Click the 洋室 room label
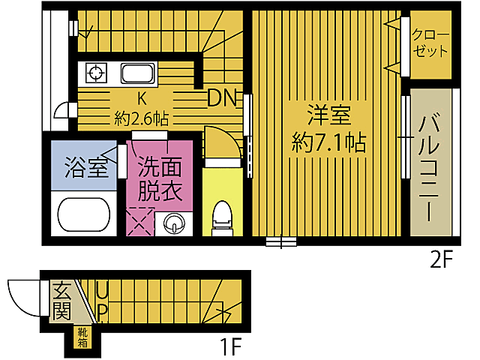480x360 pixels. (328, 117)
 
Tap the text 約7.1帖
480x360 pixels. (328, 143)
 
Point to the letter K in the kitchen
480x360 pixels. (140, 98)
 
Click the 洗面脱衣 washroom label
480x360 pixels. (159, 178)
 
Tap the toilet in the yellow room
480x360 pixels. (221, 217)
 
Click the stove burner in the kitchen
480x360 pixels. (96, 73)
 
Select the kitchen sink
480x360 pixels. (137, 73)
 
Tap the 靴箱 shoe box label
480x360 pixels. (79, 337)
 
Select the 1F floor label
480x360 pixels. (230, 346)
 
